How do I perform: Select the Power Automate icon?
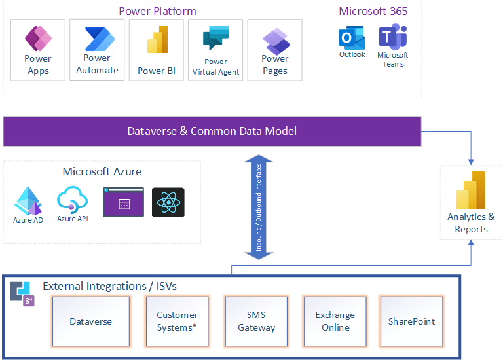pyautogui.click(x=98, y=39)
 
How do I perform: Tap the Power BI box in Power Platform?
pyautogui.click(x=157, y=50)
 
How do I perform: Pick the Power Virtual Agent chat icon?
pyautogui.click(x=215, y=38)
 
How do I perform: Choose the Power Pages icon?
pyautogui.click(x=275, y=41)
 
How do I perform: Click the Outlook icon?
pyautogui.click(x=352, y=37)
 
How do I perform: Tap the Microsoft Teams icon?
pyautogui.click(x=392, y=37)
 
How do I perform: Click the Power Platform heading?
pyautogui.click(x=157, y=11)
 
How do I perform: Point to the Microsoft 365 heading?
pyautogui.click(x=373, y=11)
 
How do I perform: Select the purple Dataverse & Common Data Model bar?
pyautogui.click(x=212, y=131)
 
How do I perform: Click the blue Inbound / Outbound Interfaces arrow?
pyautogui.click(x=259, y=207)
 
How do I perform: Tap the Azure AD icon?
pyautogui.click(x=28, y=202)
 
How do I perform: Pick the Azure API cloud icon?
pyautogui.click(x=71, y=200)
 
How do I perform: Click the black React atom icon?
pyautogui.click(x=168, y=202)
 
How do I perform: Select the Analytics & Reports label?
pyautogui.click(x=471, y=223)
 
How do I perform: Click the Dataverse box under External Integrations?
pyautogui.click(x=91, y=321)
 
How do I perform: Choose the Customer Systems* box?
pyautogui.click(x=177, y=321)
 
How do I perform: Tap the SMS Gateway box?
pyautogui.click(x=257, y=321)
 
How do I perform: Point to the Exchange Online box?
pyautogui.click(x=335, y=321)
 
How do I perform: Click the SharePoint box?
pyautogui.click(x=411, y=321)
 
